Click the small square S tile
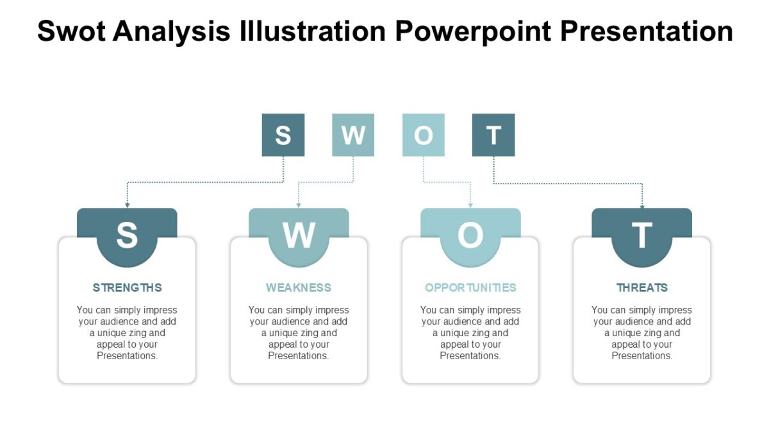click(x=283, y=135)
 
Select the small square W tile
click(x=353, y=135)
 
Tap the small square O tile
click(x=423, y=135)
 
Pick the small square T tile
click(x=493, y=135)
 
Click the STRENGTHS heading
click(x=127, y=287)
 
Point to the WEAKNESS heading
click(x=299, y=287)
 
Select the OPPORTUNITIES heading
click(x=470, y=287)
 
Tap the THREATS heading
click(x=642, y=287)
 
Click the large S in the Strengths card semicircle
click(x=127, y=235)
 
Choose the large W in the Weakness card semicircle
click(x=299, y=235)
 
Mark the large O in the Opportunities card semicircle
click(x=470, y=235)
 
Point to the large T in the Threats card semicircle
click(x=642, y=235)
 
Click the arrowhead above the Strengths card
click(x=127, y=205)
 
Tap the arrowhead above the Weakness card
click(x=299, y=205)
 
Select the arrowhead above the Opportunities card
click(x=470, y=205)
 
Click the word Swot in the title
click(x=70, y=31)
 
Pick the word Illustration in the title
click(x=311, y=31)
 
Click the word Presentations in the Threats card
click(x=642, y=356)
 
